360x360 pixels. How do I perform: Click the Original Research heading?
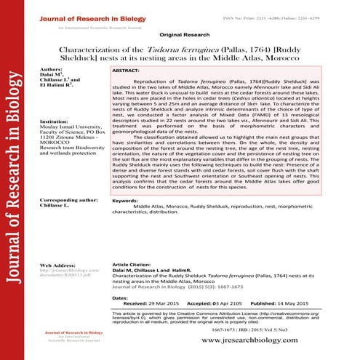180,34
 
